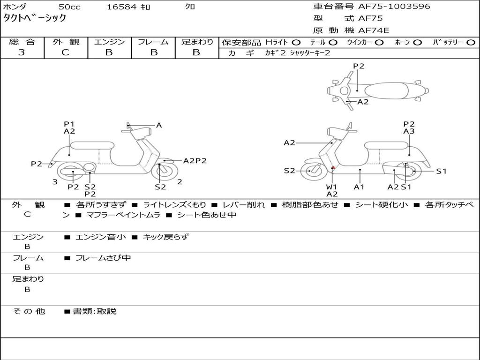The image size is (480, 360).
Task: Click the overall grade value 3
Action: click(22, 52)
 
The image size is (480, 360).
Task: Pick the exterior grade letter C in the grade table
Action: click(65, 52)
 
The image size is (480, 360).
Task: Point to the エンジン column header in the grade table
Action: click(109, 42)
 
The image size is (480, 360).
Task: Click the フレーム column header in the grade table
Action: click(153, 42)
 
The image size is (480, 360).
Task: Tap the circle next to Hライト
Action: click(296, 42)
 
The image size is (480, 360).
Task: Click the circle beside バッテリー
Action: click(471, 42)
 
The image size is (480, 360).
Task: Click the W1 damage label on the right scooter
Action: click(332, 187)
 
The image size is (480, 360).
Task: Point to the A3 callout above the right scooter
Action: click(409, 132)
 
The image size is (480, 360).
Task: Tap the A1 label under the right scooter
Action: click(360, 187)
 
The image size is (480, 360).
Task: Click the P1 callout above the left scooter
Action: click(69, 124)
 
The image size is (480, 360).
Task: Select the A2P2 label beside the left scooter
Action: click(195, 161)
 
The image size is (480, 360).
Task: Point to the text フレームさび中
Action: click(103, 258)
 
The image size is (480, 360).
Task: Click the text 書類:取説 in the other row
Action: click(94, 311)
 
